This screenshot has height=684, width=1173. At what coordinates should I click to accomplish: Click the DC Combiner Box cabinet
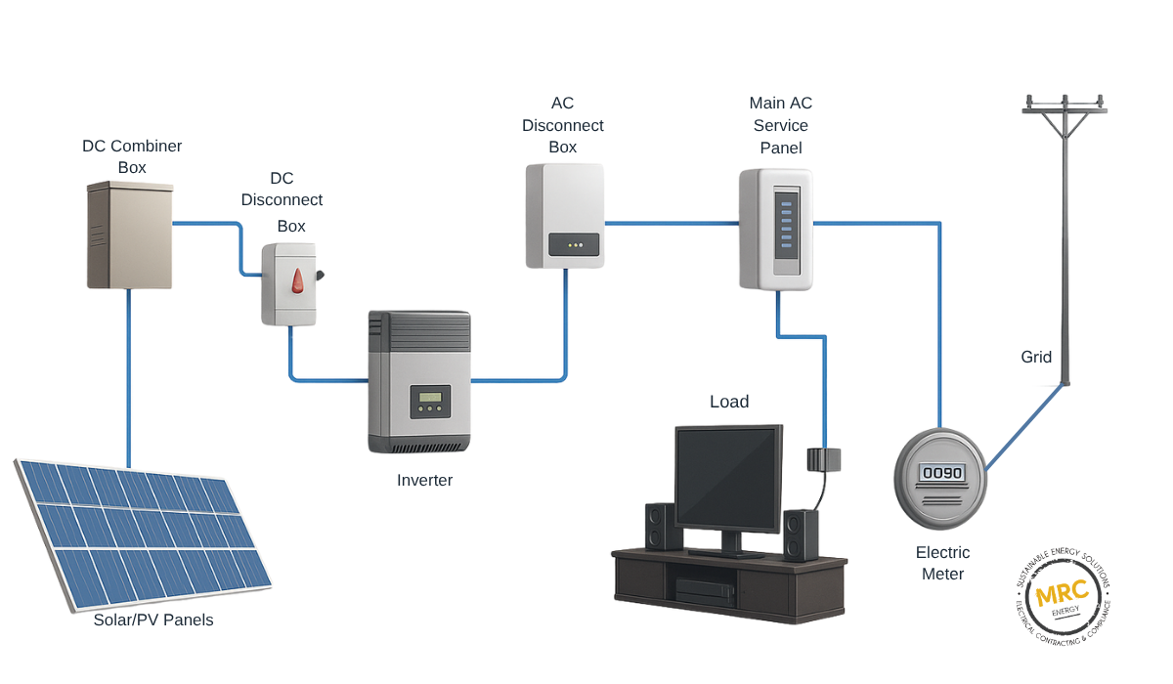[129, 235]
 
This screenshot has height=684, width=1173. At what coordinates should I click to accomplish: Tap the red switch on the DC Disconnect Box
[297, 281]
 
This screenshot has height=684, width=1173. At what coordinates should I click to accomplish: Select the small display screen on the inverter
[430, 401]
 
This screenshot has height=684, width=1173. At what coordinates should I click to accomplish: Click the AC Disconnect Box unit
[564, 216]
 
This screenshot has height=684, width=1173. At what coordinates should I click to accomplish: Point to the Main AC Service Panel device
[776, 230]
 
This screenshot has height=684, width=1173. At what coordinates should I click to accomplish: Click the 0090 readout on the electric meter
[942, 474]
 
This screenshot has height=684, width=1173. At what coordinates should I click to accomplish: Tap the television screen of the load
[728, 476]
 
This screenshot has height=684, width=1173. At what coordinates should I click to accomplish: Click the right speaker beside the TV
[801, 534]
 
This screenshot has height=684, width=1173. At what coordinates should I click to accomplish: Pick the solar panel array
[142, 533]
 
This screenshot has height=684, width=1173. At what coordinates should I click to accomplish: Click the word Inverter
[424, 481]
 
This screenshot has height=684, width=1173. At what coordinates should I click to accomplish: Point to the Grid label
[1036, 358]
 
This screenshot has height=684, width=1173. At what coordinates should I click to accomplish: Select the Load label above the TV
[729, 402]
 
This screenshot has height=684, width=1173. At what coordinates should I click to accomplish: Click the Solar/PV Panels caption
[152, 620]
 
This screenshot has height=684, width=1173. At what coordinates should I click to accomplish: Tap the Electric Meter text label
[942, 564]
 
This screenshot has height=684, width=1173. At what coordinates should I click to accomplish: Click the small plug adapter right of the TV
[823, 459]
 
